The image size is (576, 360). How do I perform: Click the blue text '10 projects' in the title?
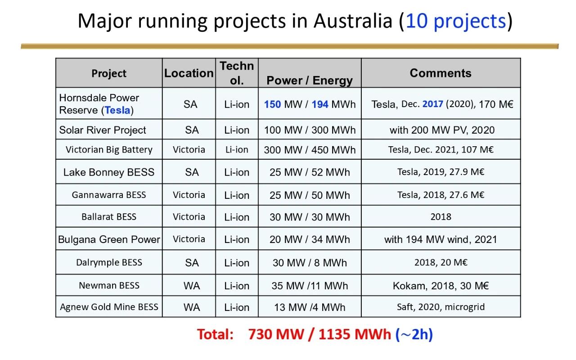pyautogui.click(x=456, y=21)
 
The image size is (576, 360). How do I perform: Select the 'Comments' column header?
pyautogui.click(x=441, y=73)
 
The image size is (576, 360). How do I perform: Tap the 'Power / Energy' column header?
pyautogui.click(x=310, y=81)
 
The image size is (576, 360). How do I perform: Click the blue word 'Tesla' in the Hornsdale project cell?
pyautogui.click(x=117, y=110)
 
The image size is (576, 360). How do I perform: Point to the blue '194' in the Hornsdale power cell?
pyautogui.click(x=320, y=104)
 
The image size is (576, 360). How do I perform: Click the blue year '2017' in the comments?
pyautogui.click(x=433, y=104)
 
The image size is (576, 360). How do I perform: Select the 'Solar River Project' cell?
pyautogui.click(x=103, y=130)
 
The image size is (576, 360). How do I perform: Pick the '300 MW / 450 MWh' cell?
pyautogui.click(x=310, y=150)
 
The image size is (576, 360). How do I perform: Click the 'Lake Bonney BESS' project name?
pyautogui.click(x=109, y=172)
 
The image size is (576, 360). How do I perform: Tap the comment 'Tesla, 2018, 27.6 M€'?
pyautogui.click(x=441, y=195)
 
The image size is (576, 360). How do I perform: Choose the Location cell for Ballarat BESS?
pyautogui.click(x=189, y=217)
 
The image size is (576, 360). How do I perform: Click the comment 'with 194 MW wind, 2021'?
pyautogui.click(x=441, y=239)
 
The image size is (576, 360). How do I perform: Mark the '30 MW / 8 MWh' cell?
pyautogui.click(x=310, y=263)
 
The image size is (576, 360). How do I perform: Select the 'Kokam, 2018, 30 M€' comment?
pyautogui.click(x=441, y=286)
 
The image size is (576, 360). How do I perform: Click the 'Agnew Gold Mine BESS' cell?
pyautogui.click(x=109, y=307)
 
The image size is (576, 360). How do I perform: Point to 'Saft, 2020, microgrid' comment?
pyautogui.click(x=441, y=307)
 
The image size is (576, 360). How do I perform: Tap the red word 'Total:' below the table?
pyautogui.click(x=216, y=334)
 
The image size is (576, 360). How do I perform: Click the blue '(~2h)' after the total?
pyautogui.click(x=414, y=334)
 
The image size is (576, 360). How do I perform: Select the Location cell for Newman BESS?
pyautogui.click(x=192, y=286)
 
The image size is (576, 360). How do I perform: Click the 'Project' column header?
pyautogui.click(x=109, y=73)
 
